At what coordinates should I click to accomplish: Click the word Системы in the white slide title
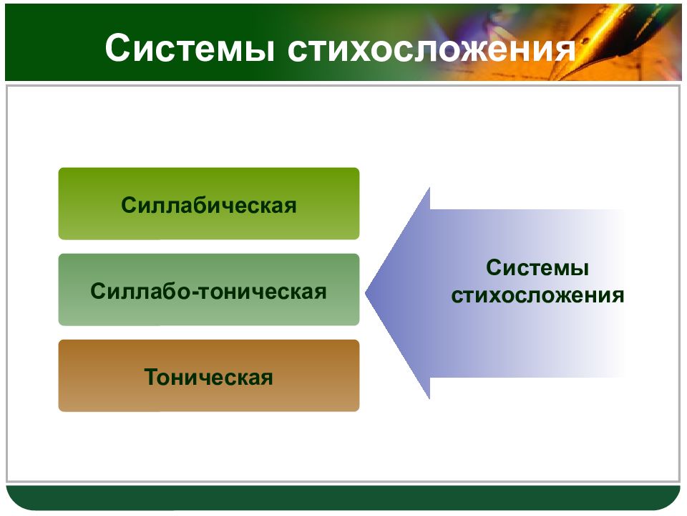(x=190, y=48)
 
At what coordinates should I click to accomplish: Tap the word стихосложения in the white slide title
(x=431, y=48)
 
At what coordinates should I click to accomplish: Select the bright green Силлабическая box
(x=209, y=204)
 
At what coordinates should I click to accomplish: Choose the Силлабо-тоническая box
(x=209, y=290)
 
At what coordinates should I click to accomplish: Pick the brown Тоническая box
(x=209, y=376)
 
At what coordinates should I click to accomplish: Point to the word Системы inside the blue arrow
(x=537, y=267)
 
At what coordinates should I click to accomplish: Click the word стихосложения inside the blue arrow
(x=537, y=295)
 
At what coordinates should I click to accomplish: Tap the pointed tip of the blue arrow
(x=366, y=293)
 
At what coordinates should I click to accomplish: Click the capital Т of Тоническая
(x=151, y=377)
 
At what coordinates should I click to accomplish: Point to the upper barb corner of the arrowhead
(x=429, y=188)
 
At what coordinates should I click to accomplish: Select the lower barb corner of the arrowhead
(x=429, y=398)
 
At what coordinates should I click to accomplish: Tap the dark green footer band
(x=343, y=497)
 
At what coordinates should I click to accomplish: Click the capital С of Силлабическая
(x=128, y=205)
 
